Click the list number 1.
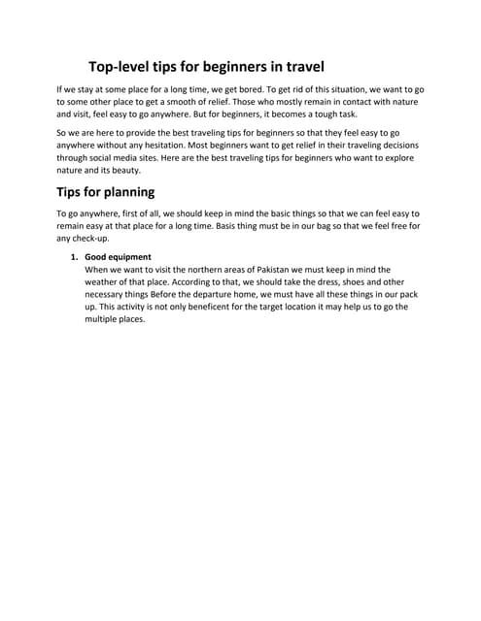(73, 257)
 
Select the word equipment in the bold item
(129, 257)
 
